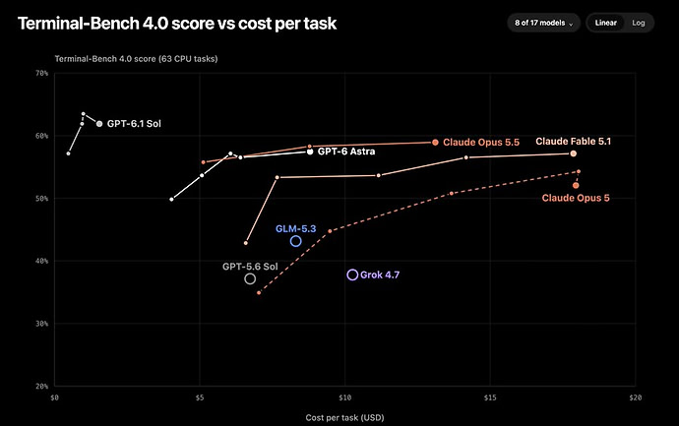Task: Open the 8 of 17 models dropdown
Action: (x=543, y=23)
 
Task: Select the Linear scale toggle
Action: (x=605, y=23)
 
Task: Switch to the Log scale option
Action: (x=639, y=23)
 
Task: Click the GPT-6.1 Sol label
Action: (x=134, y=124)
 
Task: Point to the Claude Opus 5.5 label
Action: (x=481, y=143)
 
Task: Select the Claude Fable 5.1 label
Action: (x=574, y=141)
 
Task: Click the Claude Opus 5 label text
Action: (x=576, y=198)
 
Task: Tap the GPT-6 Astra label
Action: (x=346, y=152)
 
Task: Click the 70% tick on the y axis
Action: (x=42, y=73)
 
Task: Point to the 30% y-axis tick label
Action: (x=42, y=324)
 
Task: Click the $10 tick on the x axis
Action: (x=344, y=397)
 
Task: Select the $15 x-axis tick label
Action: (x=490, y=397)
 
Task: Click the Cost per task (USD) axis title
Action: (x=344, y=418)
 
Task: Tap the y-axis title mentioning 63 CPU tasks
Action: (x=136, y=59)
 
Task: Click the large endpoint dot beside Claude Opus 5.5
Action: (x=435, y=143)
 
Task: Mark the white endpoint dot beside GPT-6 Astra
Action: (x=310, y=152)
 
